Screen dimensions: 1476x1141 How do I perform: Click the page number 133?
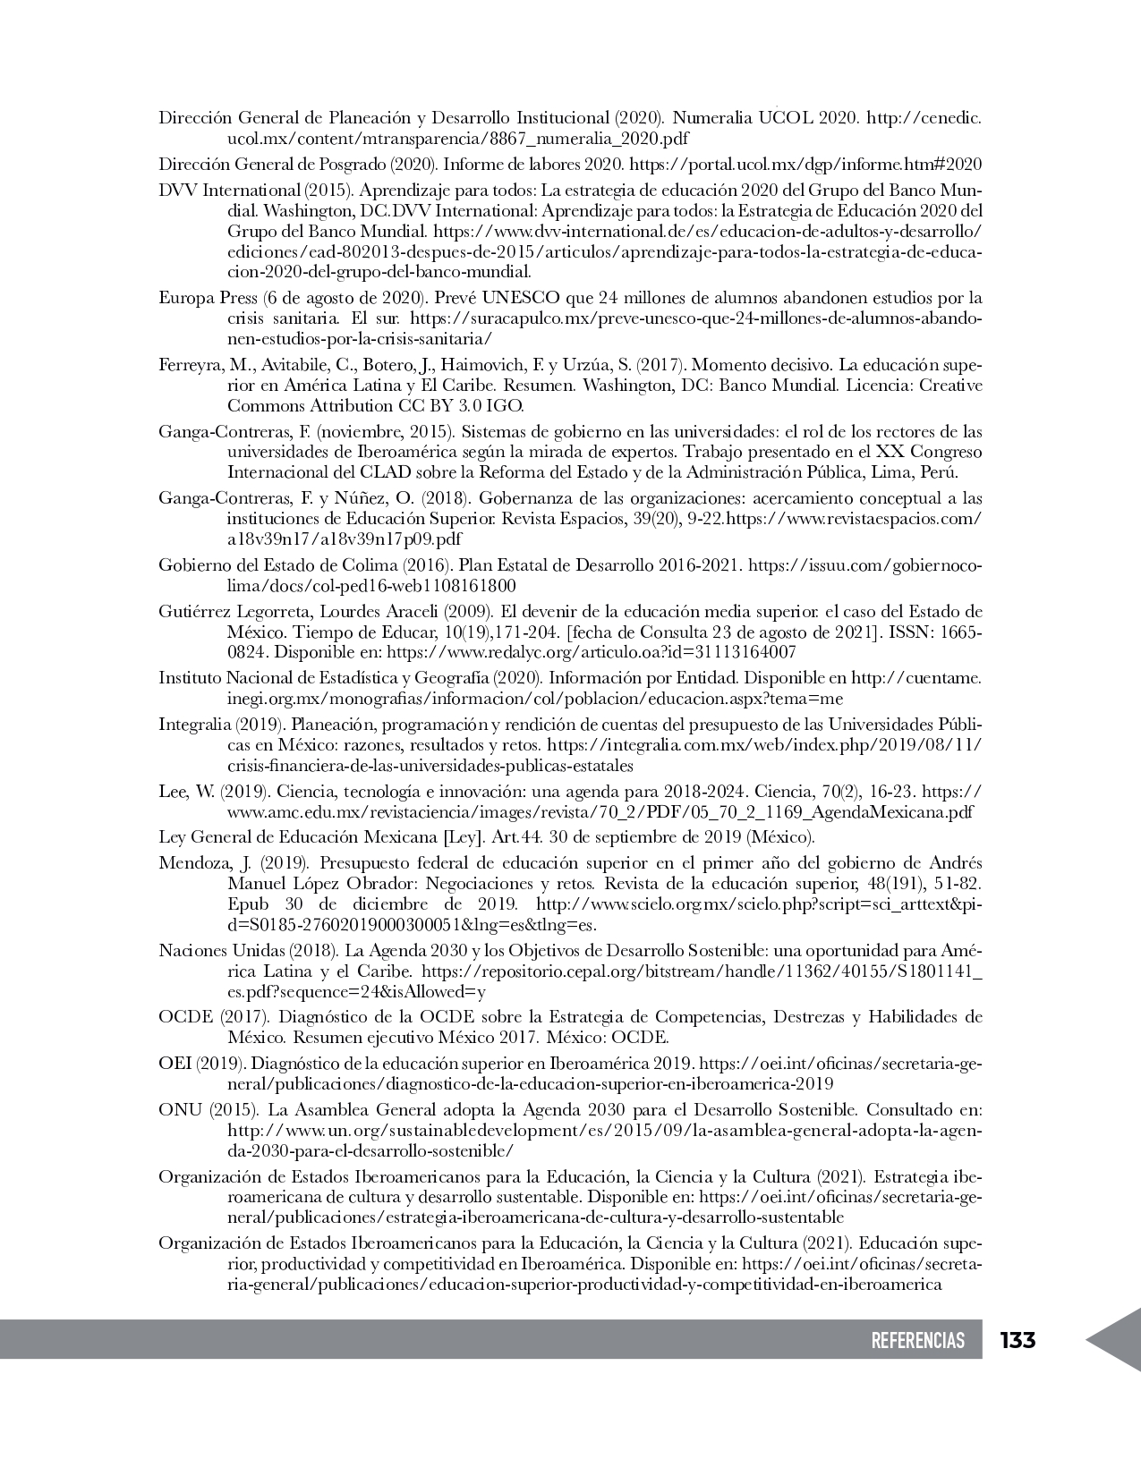point(1018,1340)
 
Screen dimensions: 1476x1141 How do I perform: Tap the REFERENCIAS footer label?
point(918,1340)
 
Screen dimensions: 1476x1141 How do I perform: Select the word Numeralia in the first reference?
point(711,117)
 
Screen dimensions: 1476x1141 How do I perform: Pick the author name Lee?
point(172,792)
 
